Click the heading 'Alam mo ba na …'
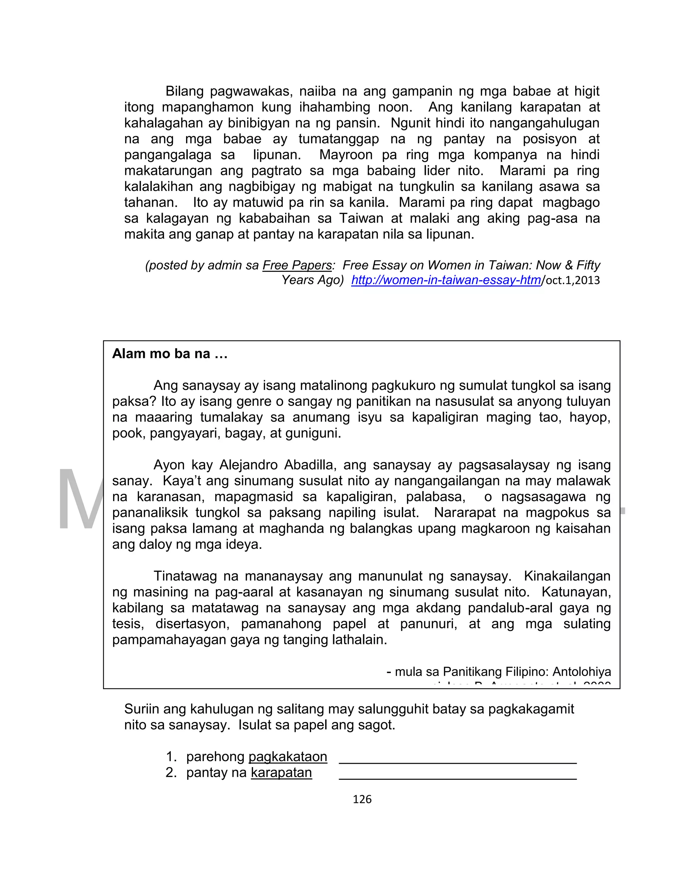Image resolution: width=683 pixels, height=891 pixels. click(x=169, y=354)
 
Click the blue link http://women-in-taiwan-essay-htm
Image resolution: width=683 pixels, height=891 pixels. click(x=446, y=280)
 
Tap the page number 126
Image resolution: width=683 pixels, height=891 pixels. click(x=362, y=800)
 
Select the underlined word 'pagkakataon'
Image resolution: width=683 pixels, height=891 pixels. click(x=287, y=757)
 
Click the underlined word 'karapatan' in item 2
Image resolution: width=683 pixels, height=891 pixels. click(x=281, y=772)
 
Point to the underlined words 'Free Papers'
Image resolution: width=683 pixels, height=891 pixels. click(x=297, y=265)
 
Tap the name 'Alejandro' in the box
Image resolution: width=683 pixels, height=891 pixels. click(x=247, y=465)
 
